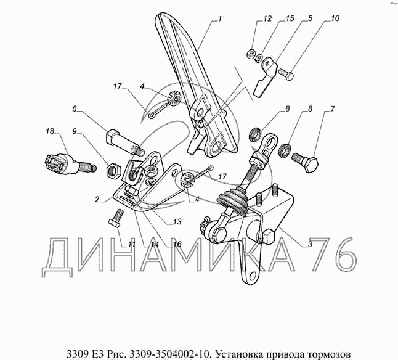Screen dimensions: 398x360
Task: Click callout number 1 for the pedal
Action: (220, 18)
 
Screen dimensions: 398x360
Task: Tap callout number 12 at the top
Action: (267, 18)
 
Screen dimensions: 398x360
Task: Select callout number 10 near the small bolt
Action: (335, 18)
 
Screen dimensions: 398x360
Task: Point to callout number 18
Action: (50, 131)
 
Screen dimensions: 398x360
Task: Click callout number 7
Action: (333, 109)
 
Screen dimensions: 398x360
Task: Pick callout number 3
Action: (310, 245)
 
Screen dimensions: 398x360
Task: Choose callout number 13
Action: (177, 221)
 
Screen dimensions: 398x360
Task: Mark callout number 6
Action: (75, 109)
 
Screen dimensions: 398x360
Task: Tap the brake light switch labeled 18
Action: (70, 163)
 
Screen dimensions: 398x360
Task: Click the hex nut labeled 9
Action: (114, 171)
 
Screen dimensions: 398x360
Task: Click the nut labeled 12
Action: (251, 54)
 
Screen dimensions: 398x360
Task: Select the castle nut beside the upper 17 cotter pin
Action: (174, 99)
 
